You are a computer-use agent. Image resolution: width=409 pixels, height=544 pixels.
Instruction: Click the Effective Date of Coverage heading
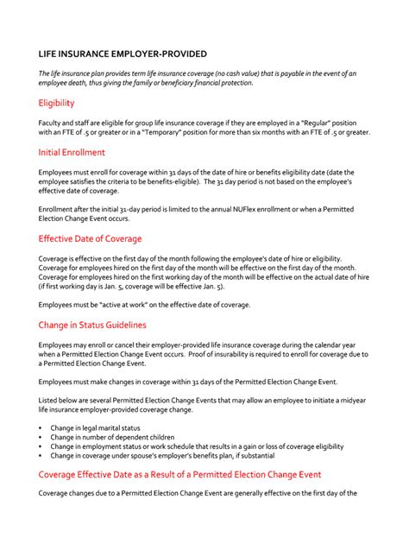pyautogui.click(x=91, y=238)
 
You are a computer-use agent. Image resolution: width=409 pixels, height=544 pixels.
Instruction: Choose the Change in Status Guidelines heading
pyautogui.click(x=92, y=325)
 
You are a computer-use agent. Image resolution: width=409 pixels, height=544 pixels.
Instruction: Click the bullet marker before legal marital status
pyautogui.click(x=41, y=427)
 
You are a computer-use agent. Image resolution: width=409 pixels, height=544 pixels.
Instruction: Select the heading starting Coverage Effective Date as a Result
pyautogui.click(x=180, y=474)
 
